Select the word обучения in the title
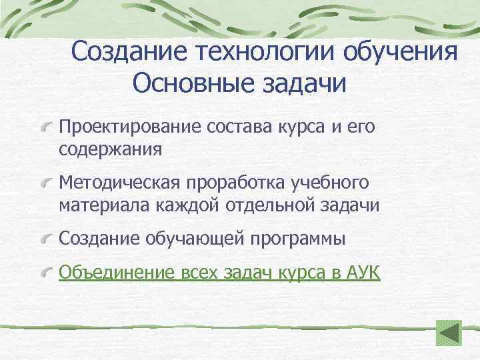405,51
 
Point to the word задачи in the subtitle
307,84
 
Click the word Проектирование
131,127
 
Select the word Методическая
121,182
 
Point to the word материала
105,205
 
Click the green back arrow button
449,333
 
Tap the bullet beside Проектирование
47,125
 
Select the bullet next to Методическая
47,181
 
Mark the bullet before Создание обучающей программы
47,237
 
